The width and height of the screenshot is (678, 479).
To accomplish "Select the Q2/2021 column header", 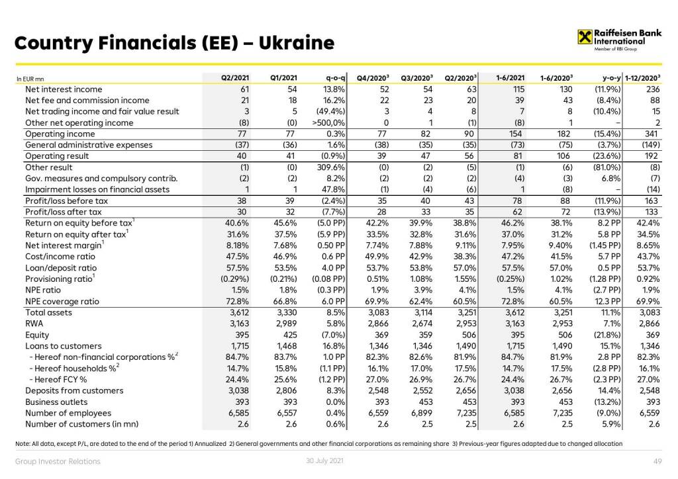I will coord(235,78).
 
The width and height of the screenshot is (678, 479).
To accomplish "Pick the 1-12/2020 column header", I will coord(644,78).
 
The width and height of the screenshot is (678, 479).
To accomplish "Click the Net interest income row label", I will coord(64,89).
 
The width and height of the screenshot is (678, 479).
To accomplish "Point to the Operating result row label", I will coord(58,156).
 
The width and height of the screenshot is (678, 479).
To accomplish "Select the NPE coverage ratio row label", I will coord(62,301).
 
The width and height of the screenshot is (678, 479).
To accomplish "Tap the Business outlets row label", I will coord(56,402).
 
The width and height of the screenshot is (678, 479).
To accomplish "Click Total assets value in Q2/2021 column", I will coord(238,312).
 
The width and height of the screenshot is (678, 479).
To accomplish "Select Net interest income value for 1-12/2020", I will coord(654,89).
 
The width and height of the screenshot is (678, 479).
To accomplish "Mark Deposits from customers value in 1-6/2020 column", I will coord(562,390).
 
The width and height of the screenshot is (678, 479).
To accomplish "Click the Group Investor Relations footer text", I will coord(58,462).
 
